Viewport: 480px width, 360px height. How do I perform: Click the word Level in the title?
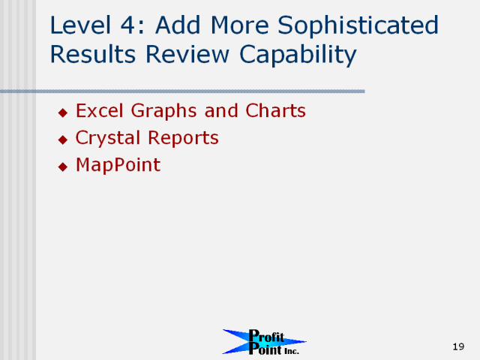[80, 25]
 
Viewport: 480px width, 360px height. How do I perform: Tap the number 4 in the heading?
[127, 25]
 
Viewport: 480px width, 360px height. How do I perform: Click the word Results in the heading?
[93, 54]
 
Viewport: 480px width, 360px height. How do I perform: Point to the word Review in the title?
[187, 54]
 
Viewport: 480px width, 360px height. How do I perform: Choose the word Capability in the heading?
[298, 55]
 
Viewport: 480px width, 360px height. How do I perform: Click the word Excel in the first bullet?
[100, 110]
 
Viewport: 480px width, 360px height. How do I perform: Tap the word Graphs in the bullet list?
[163, 112]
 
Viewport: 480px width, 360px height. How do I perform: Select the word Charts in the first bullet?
[275, 110]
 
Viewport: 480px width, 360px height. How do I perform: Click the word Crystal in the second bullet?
[108, 138]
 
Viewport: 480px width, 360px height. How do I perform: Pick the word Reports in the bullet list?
[183, 138]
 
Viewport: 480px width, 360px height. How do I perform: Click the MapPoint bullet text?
[118, 166]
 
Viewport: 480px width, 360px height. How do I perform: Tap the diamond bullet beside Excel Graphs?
[63, 112]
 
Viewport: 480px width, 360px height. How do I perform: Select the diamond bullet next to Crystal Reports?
[63, 140]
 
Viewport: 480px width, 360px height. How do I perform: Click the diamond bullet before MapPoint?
[63, 166]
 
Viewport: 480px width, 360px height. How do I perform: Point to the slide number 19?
[458, 346]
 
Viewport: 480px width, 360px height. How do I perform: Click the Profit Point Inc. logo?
[264, 342]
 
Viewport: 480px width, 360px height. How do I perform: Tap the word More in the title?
[240, 25]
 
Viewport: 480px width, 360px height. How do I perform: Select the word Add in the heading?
[178, 25]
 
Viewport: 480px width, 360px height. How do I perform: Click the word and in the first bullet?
[221, 110]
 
